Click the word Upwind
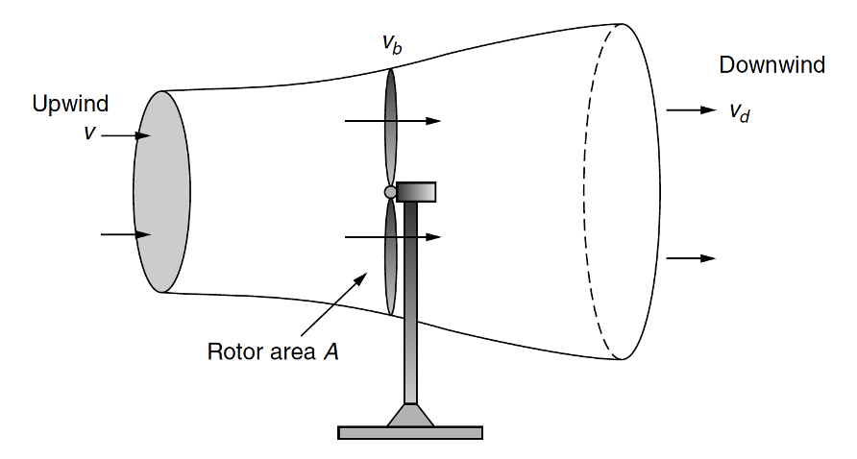click(70, 104)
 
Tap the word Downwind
click(771, 65)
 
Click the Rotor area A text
click(273, 351)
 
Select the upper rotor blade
click(391, 125)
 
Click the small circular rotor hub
click(390, 192)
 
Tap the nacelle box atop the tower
click(416, 192)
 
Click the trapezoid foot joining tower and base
click(410, 415)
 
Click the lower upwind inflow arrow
click(126, 234)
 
